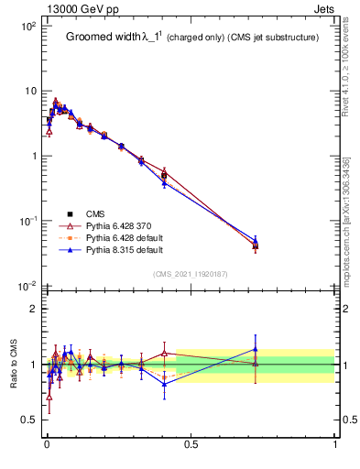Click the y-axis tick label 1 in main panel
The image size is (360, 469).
point(31,157)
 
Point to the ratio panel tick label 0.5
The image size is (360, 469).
point(28,420)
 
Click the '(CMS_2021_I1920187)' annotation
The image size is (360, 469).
point(191,274)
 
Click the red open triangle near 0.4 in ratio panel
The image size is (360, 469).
point(164,353)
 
